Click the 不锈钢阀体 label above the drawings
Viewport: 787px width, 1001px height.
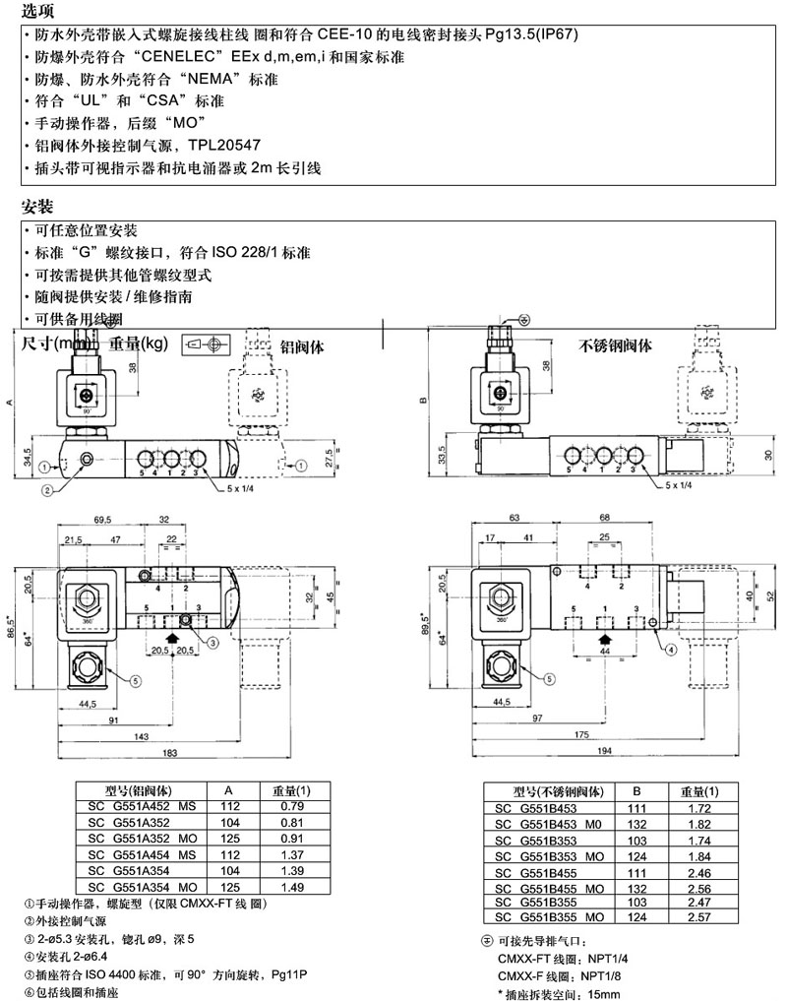615,345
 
